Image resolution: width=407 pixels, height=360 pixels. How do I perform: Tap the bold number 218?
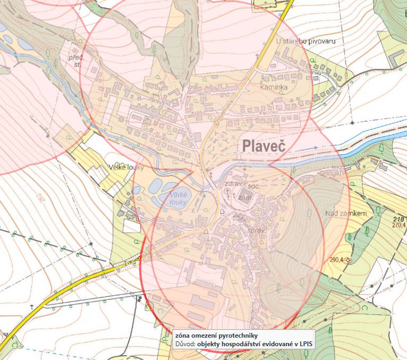point(398,219)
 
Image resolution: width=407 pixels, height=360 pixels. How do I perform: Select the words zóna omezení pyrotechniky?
point(216,335)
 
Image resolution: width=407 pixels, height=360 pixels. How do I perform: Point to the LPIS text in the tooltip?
point(304,344)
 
